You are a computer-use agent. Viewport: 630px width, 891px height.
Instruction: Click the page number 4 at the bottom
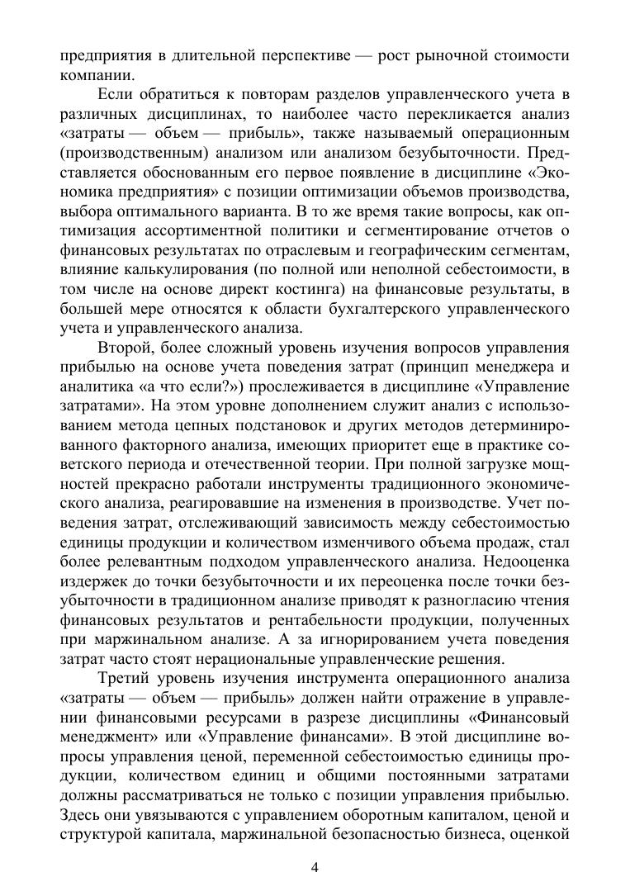coord(315,866)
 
